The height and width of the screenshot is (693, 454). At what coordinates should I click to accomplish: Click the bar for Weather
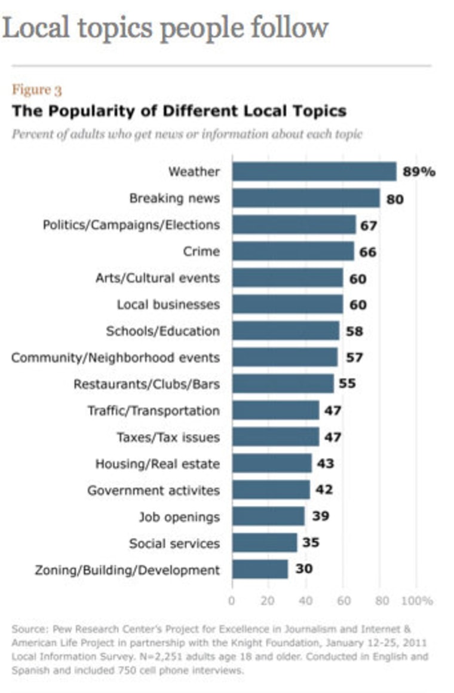pyautogui.click(x=314, y=172)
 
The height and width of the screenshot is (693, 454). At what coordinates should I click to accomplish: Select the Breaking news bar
pyautogui.click(x=306, y=198)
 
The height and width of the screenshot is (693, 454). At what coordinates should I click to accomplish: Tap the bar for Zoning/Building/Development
pyautogui.click(x=260, y=569)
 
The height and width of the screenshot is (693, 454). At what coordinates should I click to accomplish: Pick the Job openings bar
pyautogui.click(x=268, y=516)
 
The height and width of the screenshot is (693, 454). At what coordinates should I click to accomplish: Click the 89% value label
pyautogui.click(x=419, y=172)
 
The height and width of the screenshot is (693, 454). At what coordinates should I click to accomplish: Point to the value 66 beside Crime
pyautogui.click(x=367, y=252)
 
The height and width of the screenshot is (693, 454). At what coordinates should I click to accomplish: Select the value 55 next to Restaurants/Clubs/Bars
pyautogui.click(x=347, y=383)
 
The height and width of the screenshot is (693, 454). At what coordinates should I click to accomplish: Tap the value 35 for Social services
pyautogui.click(x=311, y=543)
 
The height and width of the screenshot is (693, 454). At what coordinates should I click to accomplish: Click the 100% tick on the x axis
pyautogui.click(x=416, y=600)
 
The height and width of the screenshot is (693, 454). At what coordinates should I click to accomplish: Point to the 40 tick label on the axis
pyautogui.click(x=306, y=600)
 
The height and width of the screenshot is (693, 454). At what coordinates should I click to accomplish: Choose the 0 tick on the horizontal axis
pyautogui.click(x=232, y=600)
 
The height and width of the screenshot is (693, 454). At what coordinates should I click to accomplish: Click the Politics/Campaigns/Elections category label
pyautogui.click(x=131, y=225)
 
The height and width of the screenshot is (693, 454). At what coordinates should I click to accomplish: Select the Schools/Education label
pyautogui.click(x=163, y=331)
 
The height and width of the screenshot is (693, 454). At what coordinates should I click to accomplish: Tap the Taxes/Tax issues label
pyautogui.click(x=168, y=437)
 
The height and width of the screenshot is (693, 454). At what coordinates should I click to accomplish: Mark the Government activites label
pyautogui.click(x=154, y=490)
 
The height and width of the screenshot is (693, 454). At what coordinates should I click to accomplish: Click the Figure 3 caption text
pyautogui.click(x=37, y=90)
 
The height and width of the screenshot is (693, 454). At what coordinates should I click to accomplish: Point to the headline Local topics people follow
pyautogui.click(x=165, y=28)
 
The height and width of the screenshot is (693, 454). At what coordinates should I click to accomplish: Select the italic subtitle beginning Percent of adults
pyautogui.click(x=187, y=134)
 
